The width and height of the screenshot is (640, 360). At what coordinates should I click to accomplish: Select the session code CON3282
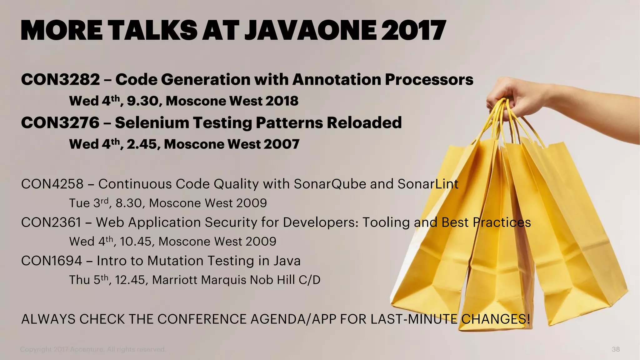(x=60, y=79)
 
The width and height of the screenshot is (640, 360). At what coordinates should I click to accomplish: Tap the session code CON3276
(x=60, y=122)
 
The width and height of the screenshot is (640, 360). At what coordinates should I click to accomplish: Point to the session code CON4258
(x=52, y=184)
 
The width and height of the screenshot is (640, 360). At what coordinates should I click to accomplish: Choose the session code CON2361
(x=51, y=222)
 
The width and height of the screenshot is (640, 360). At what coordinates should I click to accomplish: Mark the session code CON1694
(x=52, y=261)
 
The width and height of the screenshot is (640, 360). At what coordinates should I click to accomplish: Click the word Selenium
(x=152, y=122)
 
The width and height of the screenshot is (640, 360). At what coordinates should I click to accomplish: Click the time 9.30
(x=144, y=101)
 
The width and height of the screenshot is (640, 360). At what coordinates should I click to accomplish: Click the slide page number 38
(x=616, y=349)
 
